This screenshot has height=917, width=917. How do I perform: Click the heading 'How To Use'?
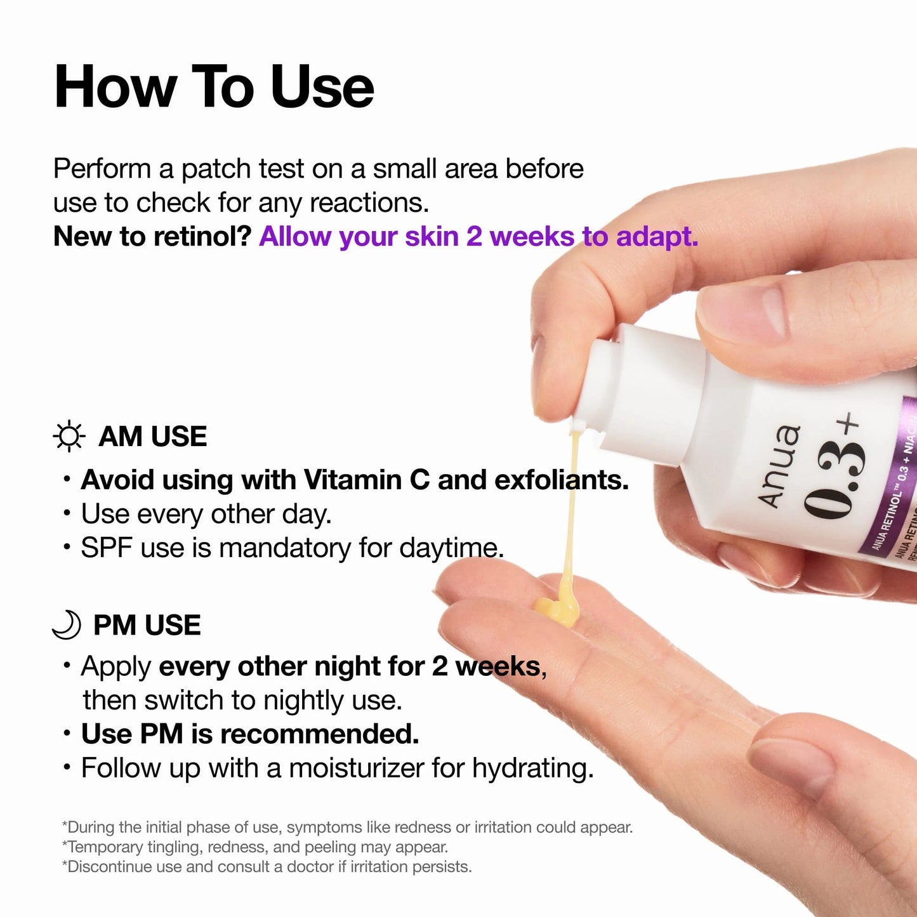pyautogui.click(x=214, y=87)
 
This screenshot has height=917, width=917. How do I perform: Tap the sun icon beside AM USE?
pyautogui.click(x=69, y=437)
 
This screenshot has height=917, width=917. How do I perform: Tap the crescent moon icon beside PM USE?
pyautogui.click(x=67, y=624)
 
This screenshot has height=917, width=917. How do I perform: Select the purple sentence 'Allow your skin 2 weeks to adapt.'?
pyautogui.click(x=478, y=237)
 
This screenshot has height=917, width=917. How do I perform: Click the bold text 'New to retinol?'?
pyautogui.click(x=152, y=237)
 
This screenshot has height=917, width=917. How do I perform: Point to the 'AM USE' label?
pyautogui.click(x=152, y=437)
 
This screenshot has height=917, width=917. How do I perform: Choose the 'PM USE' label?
pyautogui.click(x=147, y=625)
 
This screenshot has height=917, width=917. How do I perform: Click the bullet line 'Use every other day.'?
pyautogui.click(x=206, y=514)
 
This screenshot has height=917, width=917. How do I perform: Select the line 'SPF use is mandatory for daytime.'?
pyautogui.click(x=292, y=548)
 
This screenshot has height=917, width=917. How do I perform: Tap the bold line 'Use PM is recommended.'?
pyautogui.click(x=250, y=734)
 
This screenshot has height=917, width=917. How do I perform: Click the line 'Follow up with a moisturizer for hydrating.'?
pyautogui.click(x=337, y=768)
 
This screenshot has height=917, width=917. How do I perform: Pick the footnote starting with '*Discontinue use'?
pyautogui.click(x=267, y=867)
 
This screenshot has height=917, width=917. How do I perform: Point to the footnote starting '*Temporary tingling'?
pyautogui.click(x=254, y=847)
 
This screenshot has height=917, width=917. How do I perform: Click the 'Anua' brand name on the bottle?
pyautogui.click(x=780, y=466)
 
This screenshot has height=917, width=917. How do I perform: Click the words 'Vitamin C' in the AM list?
pyautogui.click(x=366, y=480)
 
